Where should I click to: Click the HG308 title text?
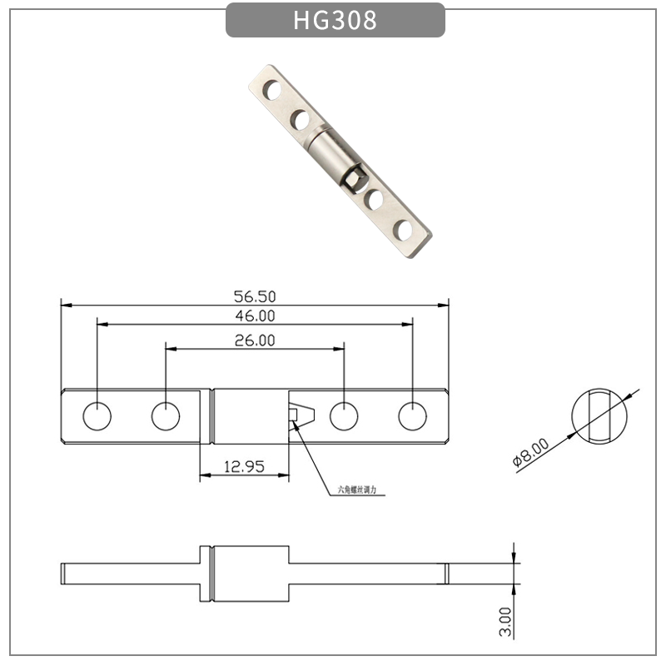tap(335, 20)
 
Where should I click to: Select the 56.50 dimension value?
tap(255, 296)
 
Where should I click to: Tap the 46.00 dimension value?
tap(255, 316)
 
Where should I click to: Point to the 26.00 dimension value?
tap(255, 340)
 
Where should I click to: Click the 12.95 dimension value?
tap(243, 467)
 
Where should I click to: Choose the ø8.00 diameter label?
tap(530, 453)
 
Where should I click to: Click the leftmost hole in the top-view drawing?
tap(97, 416)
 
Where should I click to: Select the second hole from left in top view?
tap(166, 416)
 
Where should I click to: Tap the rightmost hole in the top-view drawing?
tap(412, 416)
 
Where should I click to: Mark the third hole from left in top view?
tap(343, 416)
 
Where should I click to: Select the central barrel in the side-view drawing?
tap(246, 574)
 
